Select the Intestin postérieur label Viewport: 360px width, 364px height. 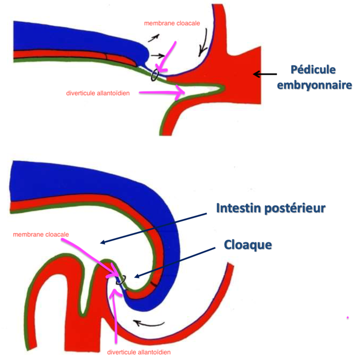click(x=270, y=208)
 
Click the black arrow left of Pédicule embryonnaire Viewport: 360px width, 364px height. click(x=265, y=74)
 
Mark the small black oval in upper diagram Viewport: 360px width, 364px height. click(x=155, y=75)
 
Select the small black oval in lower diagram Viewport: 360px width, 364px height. click(x=121, y=280)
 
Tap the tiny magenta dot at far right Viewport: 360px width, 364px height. click(x=347, y=318)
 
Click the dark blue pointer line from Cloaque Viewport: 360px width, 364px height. click(x=174, y=263)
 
